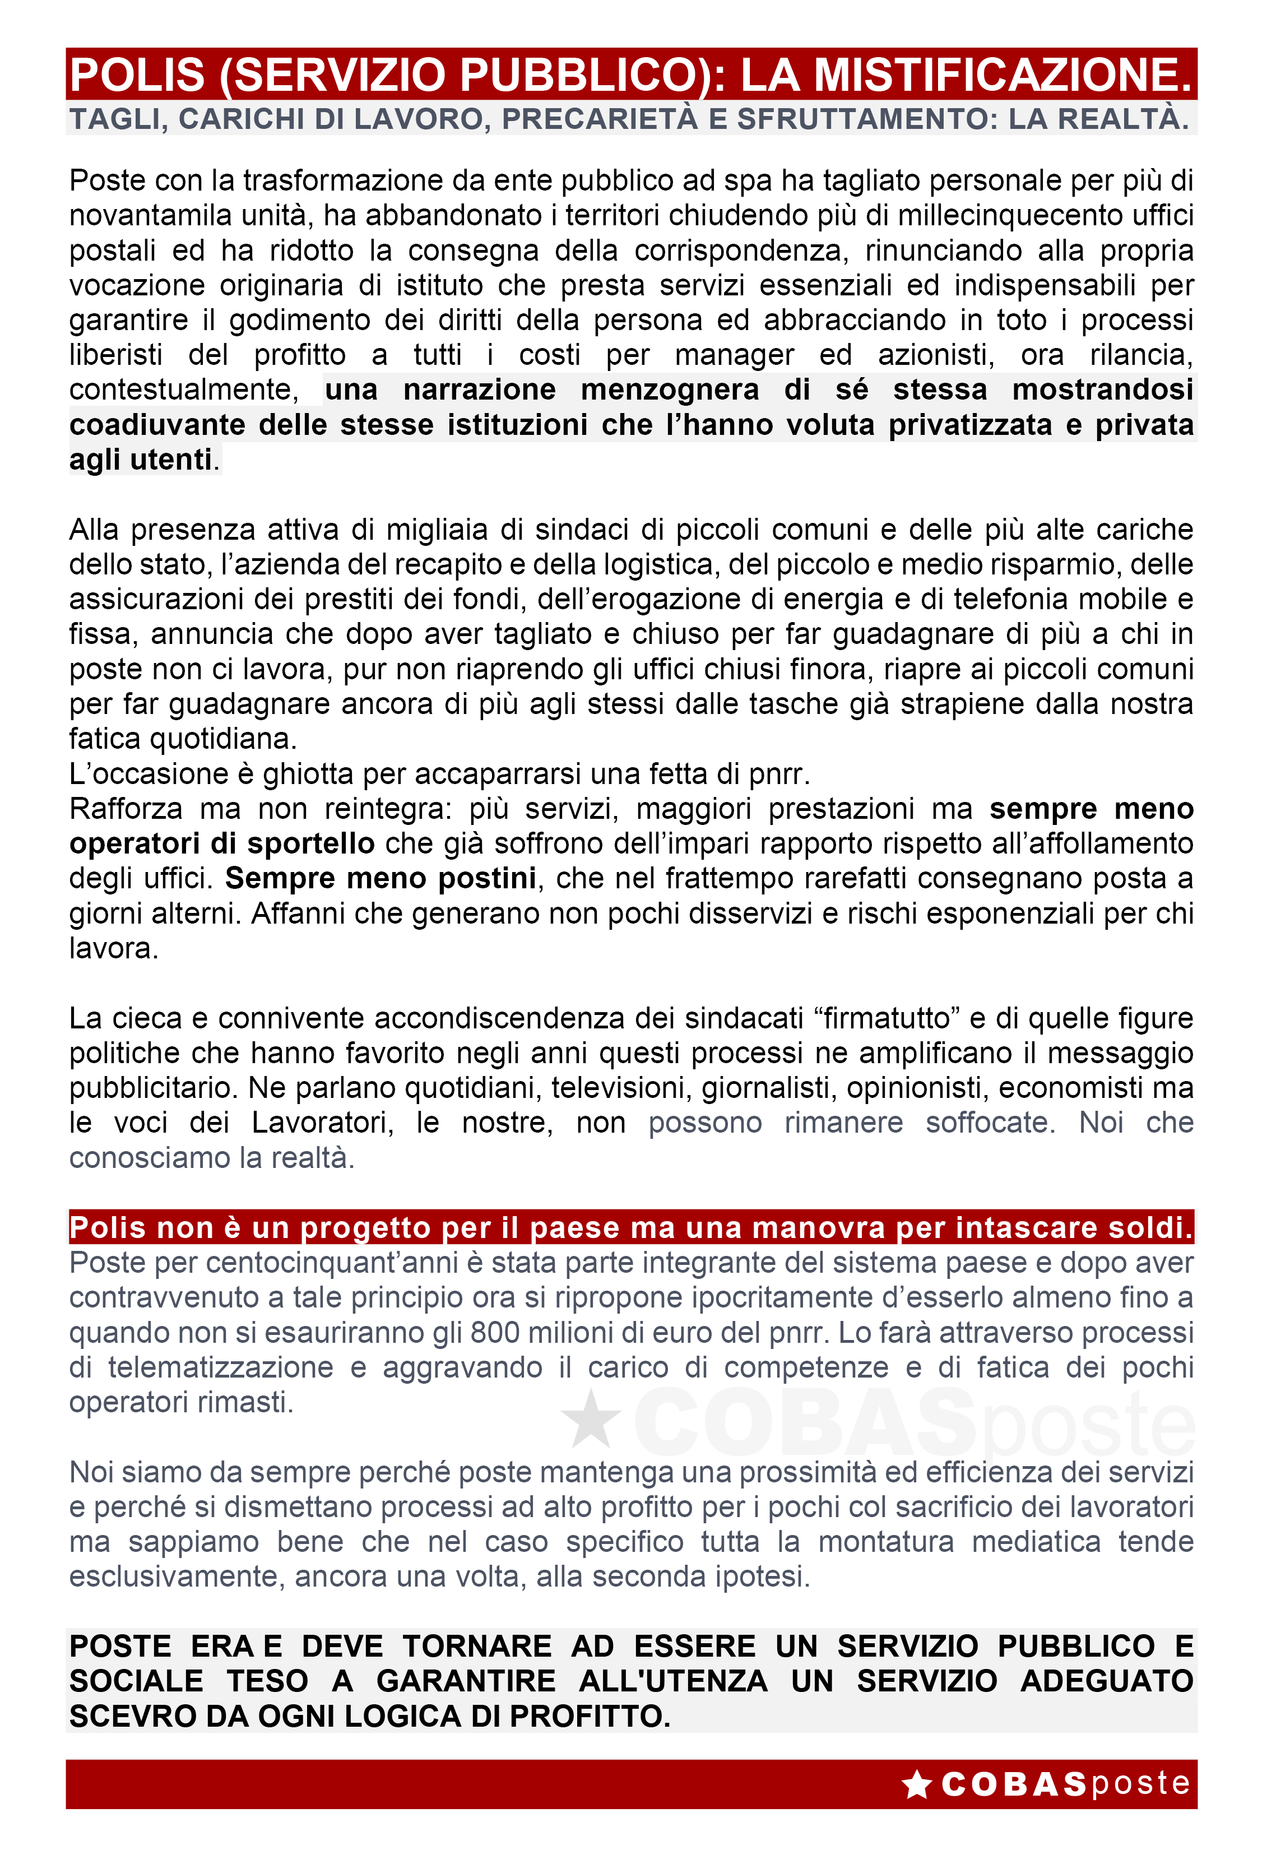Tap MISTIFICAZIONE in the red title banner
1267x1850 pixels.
(x=1002, y=75)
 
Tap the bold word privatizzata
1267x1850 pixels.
(x=970, y=424)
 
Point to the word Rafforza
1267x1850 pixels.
(x=126, y=809)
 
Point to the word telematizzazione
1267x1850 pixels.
(x=220, y=1367)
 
